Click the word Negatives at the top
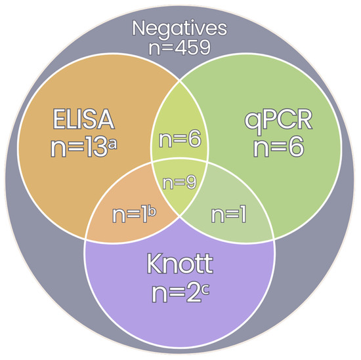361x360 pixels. pos(180,29)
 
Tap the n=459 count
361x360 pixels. pos(180,48)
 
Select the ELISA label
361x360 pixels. pos(83,119)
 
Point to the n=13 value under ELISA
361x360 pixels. pos(79,148)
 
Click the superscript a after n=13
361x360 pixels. pos(113,144)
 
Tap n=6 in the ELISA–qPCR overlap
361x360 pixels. pos(180,140)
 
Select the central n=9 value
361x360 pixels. pos(180,182)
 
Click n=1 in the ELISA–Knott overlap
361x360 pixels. pos(130,215)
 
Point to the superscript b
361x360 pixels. pos(152,212)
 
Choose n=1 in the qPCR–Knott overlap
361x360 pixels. pos(228,215)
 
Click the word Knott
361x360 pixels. pos(180,264)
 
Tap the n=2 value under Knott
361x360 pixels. pos(176,292)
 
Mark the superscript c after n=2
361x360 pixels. pos(205,290)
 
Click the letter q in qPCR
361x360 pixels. pos(253,123)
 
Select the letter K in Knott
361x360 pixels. pos(155,264)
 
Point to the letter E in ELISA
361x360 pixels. pos(59,119)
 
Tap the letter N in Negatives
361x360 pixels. pos(140,28)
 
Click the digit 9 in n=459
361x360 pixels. pos(203,48)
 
